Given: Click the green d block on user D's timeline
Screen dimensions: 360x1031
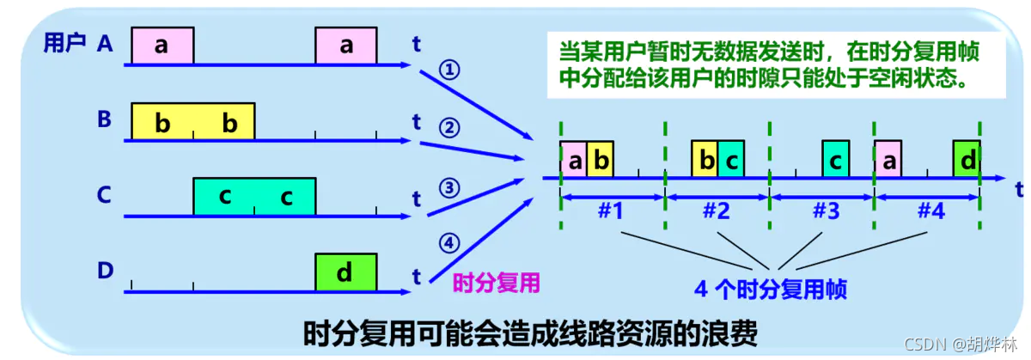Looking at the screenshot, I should pos(345,272).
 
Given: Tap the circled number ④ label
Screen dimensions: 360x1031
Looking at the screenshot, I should pos(448,243).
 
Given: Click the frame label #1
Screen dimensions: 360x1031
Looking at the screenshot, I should pos(610,211).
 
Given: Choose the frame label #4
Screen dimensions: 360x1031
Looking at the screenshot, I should pos(930,211).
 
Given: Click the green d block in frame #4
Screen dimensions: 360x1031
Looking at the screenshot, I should pos(967,160).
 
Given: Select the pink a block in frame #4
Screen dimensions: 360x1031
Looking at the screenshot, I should pos(888,160).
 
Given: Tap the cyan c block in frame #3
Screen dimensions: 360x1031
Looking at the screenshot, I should pos(835,160).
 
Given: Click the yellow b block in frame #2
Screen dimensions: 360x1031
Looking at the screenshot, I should pos(705,160).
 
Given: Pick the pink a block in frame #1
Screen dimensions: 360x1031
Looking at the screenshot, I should pos(573,160).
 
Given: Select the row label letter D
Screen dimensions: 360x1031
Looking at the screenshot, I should pos(105,272).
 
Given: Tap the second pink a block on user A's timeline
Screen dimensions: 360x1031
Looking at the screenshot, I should pos(345,46).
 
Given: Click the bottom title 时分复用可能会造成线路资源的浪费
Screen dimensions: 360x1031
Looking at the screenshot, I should pos(531,333).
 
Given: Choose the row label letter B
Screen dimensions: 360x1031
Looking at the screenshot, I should pos(105,119).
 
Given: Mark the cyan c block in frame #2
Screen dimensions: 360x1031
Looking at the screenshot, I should pos(730,160).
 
